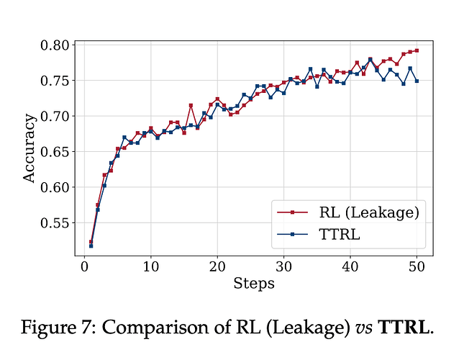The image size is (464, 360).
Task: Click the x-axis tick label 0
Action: pos(84,268)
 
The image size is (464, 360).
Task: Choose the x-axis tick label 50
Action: pos(417,268)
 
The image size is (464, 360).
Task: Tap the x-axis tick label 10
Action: pos(150,268)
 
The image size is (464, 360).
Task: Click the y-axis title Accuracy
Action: pos(29,148)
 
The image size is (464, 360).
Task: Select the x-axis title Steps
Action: pos(253,284)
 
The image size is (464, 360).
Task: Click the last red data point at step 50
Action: pos(417,50)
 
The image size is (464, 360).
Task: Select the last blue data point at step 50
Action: pos(417,81)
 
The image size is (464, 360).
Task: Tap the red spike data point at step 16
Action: pos(191,105)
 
